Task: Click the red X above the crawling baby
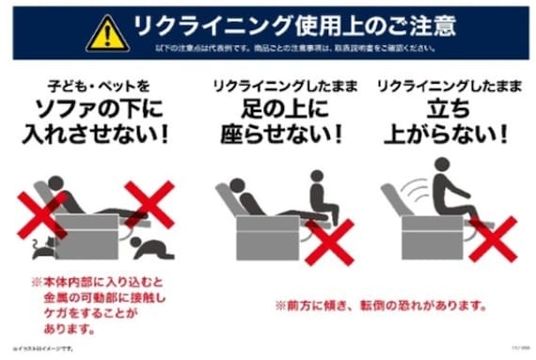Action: tap(150, 205)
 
